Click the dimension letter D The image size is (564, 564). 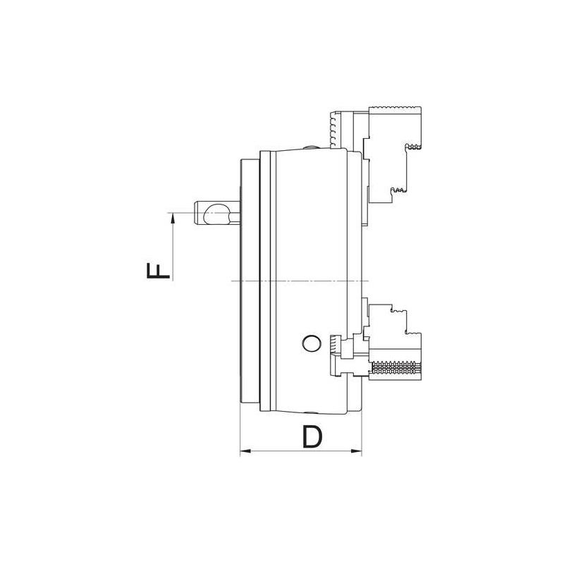tap(312, 436)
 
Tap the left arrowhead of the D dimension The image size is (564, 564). tap(245, 450)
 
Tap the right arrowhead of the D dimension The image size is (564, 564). tap(357, 450)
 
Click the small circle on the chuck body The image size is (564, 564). tap(309, 343)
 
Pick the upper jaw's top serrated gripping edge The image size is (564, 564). tap(395, 108)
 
